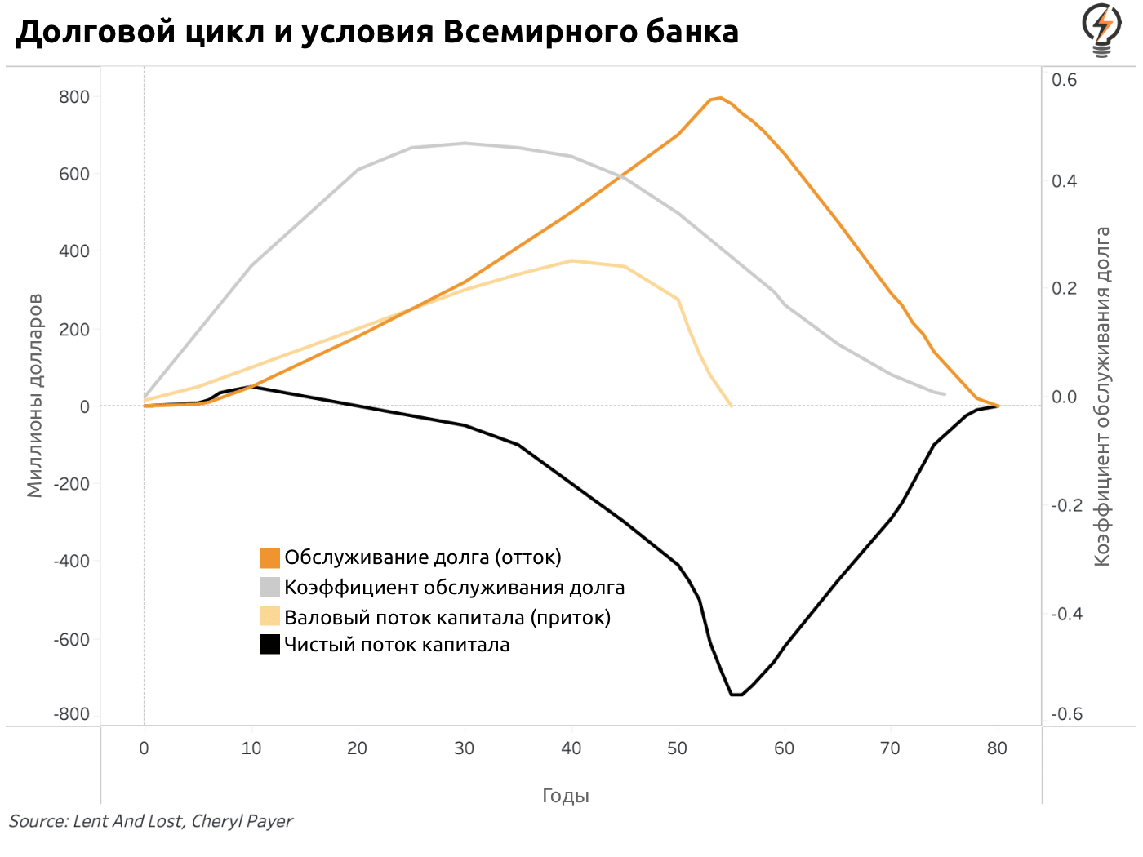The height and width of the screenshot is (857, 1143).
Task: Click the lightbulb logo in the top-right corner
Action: click(1102, 30)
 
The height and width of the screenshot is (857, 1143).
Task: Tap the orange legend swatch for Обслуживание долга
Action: click(270, 558)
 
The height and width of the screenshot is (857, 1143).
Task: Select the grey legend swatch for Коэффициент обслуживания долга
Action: click(270, 588)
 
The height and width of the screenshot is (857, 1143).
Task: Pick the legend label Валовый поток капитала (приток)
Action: click(447, 617)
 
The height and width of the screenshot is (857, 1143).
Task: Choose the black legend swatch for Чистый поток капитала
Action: click(270, 645)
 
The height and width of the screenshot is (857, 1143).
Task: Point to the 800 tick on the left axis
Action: click(74, 97)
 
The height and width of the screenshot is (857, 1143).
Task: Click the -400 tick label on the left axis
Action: click(72, 562)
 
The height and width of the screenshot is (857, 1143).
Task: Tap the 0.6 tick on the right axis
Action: click(1065, 80)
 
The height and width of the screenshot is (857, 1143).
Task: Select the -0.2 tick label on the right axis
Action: click(1067, 505)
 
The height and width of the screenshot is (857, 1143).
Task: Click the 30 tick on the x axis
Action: click(465, 748)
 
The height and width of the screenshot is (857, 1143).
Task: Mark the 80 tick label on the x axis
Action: click(997, 748)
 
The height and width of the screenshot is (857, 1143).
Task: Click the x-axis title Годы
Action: click(566, 796)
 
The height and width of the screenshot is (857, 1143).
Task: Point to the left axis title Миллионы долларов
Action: click(34, 396)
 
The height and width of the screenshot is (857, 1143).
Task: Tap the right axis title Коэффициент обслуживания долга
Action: click(1103, 397)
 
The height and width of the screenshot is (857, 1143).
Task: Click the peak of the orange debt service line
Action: click(719, 98)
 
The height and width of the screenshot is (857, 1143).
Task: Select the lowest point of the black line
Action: click(736, 695)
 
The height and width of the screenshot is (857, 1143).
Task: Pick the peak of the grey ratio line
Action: click(465, 144)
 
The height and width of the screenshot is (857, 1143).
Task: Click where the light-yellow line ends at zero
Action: click(731, 406)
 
